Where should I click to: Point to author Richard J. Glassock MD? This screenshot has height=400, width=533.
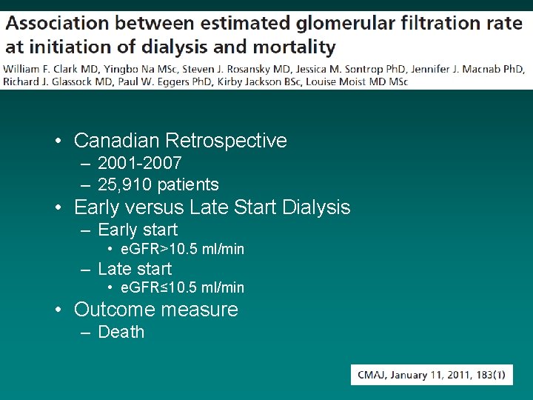[x=48, y=81]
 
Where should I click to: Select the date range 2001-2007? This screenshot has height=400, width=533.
[x=139, y=163]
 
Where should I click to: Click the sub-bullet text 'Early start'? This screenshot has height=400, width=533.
[x=138, y=230]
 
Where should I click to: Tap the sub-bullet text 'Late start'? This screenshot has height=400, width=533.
[x=135, y=269]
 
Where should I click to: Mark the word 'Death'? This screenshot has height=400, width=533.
[x=121, y=332]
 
